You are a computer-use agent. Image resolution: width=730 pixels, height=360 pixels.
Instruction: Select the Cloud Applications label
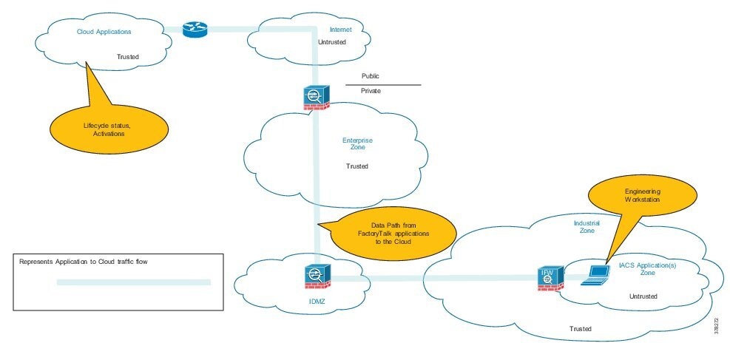(x=104, y=32)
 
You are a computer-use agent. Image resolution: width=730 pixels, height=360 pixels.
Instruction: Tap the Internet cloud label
(x=340, y=30)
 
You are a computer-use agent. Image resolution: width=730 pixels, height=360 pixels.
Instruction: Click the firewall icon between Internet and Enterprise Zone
(x=315, y=98)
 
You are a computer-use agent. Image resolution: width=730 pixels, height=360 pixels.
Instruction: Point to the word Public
(x=371, y=76)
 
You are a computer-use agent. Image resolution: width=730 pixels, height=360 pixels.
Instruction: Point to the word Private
(x=371, y=91)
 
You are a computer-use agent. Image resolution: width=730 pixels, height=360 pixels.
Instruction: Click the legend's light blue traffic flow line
(x=134, y=282)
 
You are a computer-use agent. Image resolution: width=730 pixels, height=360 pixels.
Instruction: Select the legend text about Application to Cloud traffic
(x=89, y=262)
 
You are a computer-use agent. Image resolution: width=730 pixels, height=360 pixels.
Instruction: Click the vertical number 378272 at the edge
(x=717, y=326)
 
